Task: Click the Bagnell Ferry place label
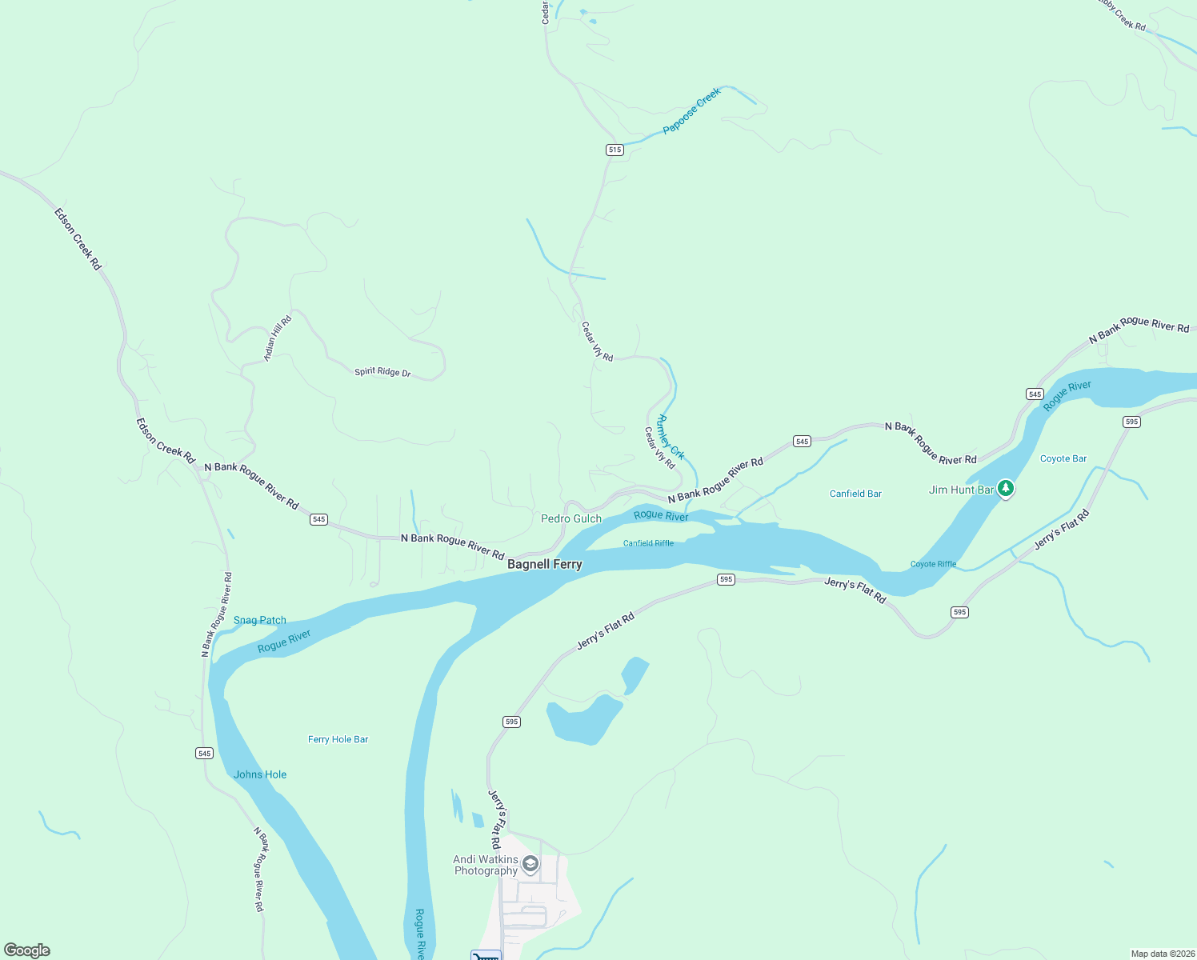point(545,564)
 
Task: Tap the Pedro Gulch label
point(570,518)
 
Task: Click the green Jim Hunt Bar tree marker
point(1006,488)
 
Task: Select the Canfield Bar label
point(855,494)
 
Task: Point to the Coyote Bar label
point(1063,458)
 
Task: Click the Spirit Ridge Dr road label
point(382,372)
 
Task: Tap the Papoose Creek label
point(692,110)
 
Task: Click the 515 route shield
point(615,150)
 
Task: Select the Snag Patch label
point(259,620)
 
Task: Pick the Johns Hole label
point(260,774)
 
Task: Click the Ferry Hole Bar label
point(338,739)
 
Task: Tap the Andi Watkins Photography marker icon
point(530,864)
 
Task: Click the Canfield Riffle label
point(648,543)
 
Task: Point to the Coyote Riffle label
point(933,564)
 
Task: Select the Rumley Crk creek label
point(671,436)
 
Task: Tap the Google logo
point(27,950)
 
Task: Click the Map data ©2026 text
point(1160,954)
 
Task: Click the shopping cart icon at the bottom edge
point(486,955)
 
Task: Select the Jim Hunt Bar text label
point(961,490)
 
